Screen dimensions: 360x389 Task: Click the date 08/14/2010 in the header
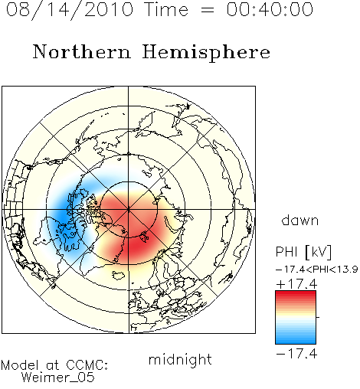click(70, 10)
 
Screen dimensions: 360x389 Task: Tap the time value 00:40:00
click(270, 9)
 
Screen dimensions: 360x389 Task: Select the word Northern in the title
click(82, 51)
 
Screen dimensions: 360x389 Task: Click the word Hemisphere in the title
click(206, 53)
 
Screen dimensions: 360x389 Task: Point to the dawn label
click(300, 221)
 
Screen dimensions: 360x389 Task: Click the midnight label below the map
click(180, 359)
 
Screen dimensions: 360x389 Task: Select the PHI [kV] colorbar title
click(303, 252)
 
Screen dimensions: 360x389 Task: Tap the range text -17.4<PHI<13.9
click(316, 270)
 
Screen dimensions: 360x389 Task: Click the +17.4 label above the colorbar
click(296, 284)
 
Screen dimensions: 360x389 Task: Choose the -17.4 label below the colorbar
click(296, 354)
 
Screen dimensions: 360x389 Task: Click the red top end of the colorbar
click(296, 293)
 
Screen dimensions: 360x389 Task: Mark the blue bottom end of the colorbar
click(296, 342)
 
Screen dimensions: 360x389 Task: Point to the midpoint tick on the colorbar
click(318, 317)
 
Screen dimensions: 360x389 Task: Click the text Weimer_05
click(57, 377)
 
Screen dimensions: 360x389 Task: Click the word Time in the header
click(166, 9)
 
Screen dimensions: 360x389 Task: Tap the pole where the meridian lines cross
click(129, 210)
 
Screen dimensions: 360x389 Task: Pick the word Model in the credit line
click(20, 365)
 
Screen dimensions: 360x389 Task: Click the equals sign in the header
click(208, 10)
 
